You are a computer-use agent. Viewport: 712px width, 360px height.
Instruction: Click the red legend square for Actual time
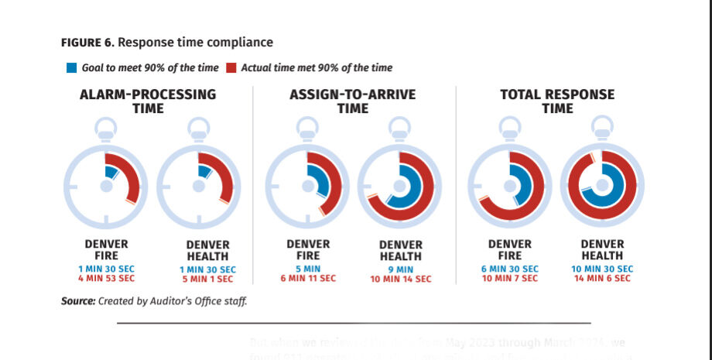pyautogui.click(x=231, y=68)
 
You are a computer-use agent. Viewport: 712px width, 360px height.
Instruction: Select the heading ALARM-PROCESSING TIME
pyautogui.click(x=148, y=101)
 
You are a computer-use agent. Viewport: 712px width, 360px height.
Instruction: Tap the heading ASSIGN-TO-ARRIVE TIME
pyautogui.click(x=352, y=101)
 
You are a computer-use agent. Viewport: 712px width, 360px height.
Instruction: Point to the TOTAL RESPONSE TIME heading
pyautogui.click(x=557, y=101)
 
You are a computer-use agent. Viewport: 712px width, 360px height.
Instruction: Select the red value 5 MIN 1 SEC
pyautogui.click(x=207, y=279)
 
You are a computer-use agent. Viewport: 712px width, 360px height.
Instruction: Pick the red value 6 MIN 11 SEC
pyautogui.click(x=308, y=279)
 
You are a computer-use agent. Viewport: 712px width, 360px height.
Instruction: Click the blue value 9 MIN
pyautogui.click(x=401, y=269)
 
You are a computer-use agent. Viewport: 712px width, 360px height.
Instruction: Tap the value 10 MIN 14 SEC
pyautogui.click(x=401, y=279)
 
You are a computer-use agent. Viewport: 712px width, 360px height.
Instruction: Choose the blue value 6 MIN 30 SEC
pyautogui.click(x=509, y=269)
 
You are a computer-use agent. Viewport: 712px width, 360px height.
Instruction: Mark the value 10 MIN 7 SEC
pyautogui.click(x=509, y=279)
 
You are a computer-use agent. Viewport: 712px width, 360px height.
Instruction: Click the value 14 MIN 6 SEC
pyautogui.click(x=602, y=279)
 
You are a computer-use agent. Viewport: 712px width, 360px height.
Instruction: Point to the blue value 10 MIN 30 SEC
pyautogui.click(x=602, y=269)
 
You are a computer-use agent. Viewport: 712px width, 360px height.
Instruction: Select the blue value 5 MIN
pyautogui.click(x=308, y=269)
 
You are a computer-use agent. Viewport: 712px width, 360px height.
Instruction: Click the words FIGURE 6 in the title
pyautogui.click(x=87, y=42)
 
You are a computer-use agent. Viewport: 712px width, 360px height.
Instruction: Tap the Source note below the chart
pyautogui.click(x=154, y=301)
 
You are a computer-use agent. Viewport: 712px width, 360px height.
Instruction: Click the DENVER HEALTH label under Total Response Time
pyautogui.click(x=602, y=250)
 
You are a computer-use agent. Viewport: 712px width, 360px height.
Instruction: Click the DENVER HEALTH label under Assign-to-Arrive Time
pyautogui.click(x=401, y=251)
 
